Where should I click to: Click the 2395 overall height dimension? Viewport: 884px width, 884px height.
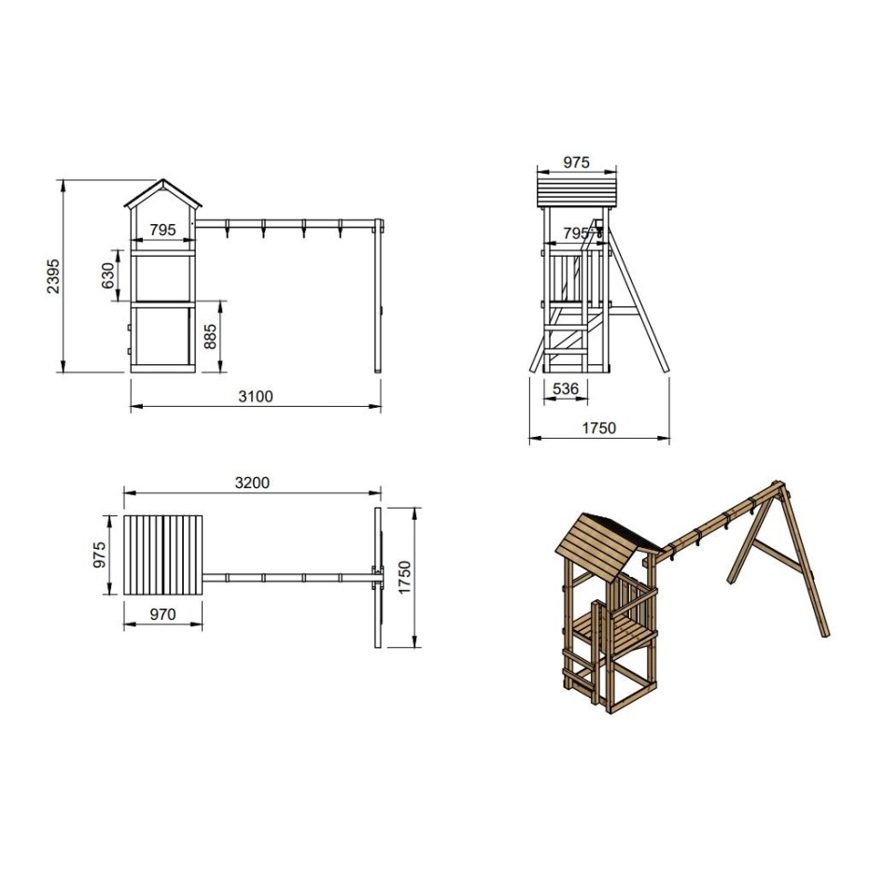(x=53, y=276)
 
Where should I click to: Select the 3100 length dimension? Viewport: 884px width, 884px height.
(x=256, y=397)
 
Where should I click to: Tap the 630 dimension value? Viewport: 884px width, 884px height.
(x=107, y=275)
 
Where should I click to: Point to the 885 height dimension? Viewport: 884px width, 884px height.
(x=210, y=337)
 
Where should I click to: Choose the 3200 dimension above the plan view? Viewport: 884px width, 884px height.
(x=253, y=483)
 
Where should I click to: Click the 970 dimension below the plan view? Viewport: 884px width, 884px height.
(x=163, y=614)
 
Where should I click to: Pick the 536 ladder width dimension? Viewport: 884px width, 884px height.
(x=566, y=388)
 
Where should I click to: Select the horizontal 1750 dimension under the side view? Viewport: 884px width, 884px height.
(x=599, y=428)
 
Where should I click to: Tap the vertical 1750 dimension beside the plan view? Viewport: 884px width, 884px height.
(x=405, y=577)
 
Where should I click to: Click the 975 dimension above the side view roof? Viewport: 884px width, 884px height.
(x=576, y=162)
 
